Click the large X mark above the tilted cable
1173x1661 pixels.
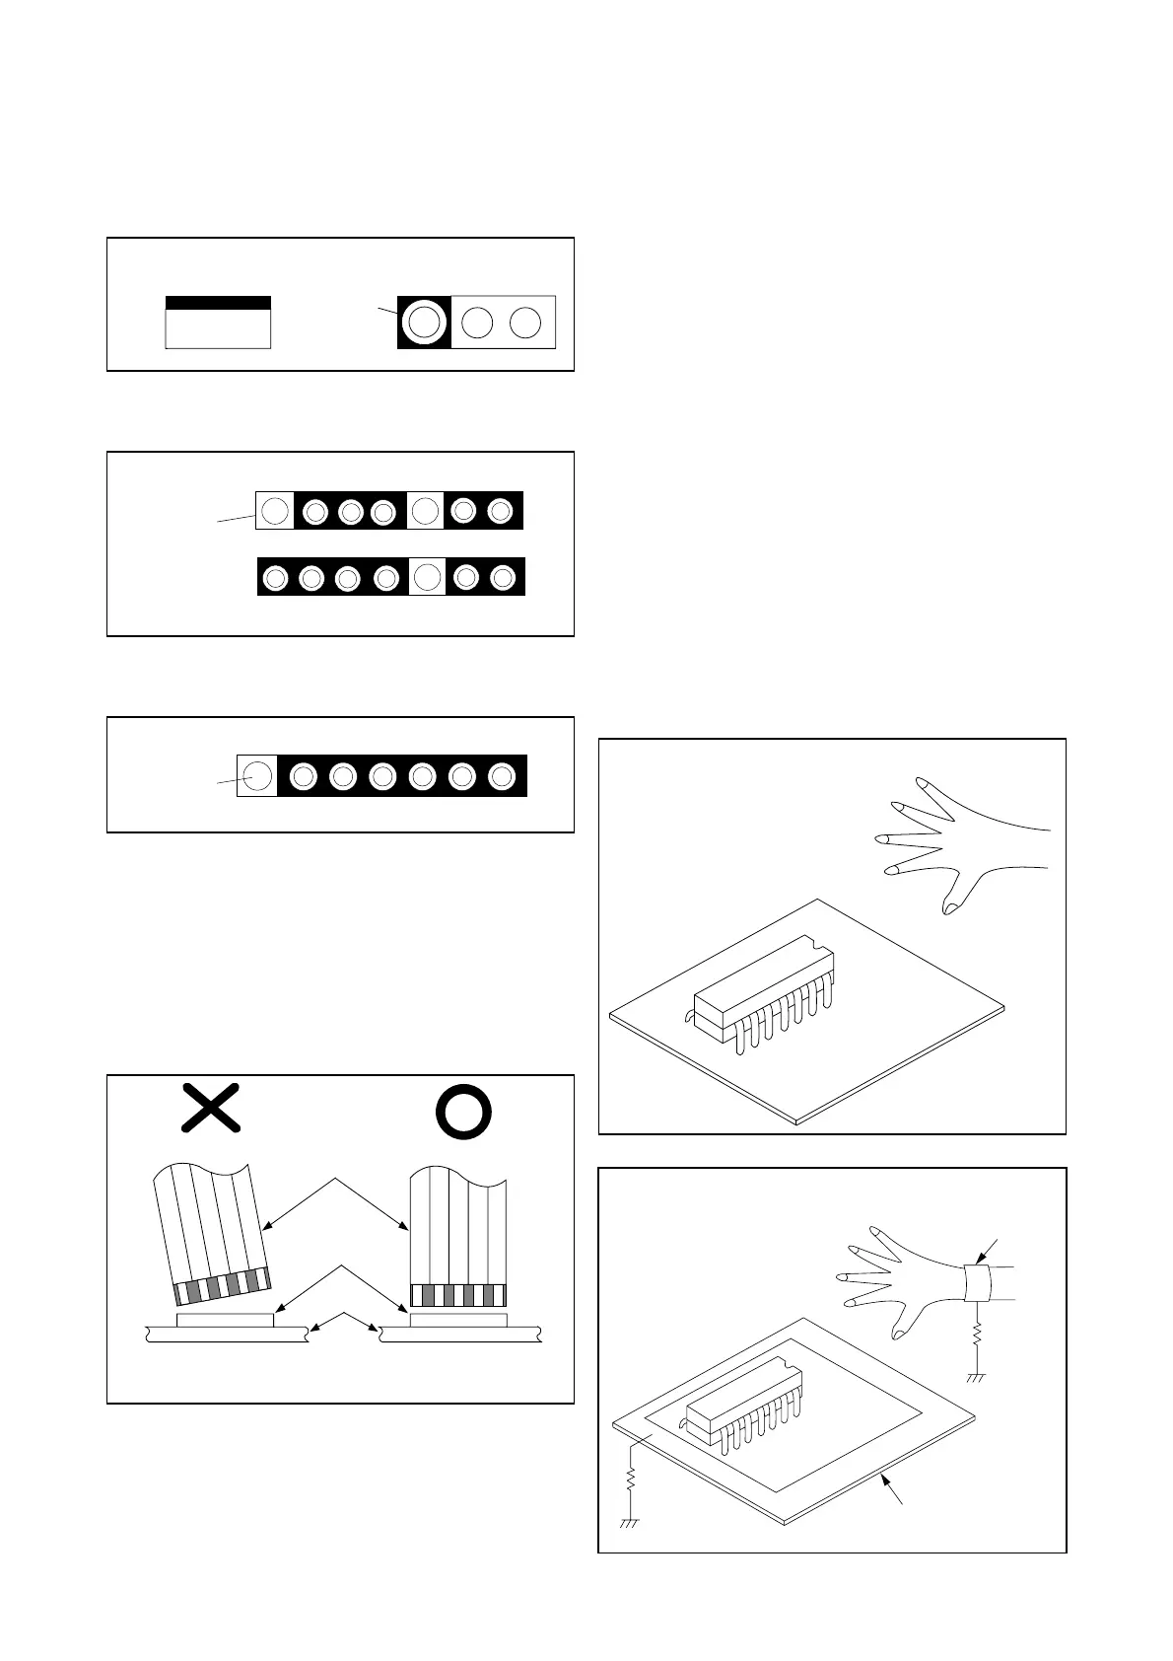[x=211, y=1107]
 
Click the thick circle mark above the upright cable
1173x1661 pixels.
[x=463, y=1112]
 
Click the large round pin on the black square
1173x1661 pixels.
[x=424, y=322]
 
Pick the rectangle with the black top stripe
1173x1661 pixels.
[x=218, y=322]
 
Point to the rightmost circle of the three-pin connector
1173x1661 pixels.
[x=526, y=323]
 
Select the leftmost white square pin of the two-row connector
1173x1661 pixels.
[x=275, y=511]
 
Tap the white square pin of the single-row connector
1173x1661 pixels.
[x=256, y=775]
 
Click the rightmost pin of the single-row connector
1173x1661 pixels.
[x=502, y=776]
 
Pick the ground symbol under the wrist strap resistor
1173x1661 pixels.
[x=976, y=1376]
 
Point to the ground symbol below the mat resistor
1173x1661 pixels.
[x=629, y=1522]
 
